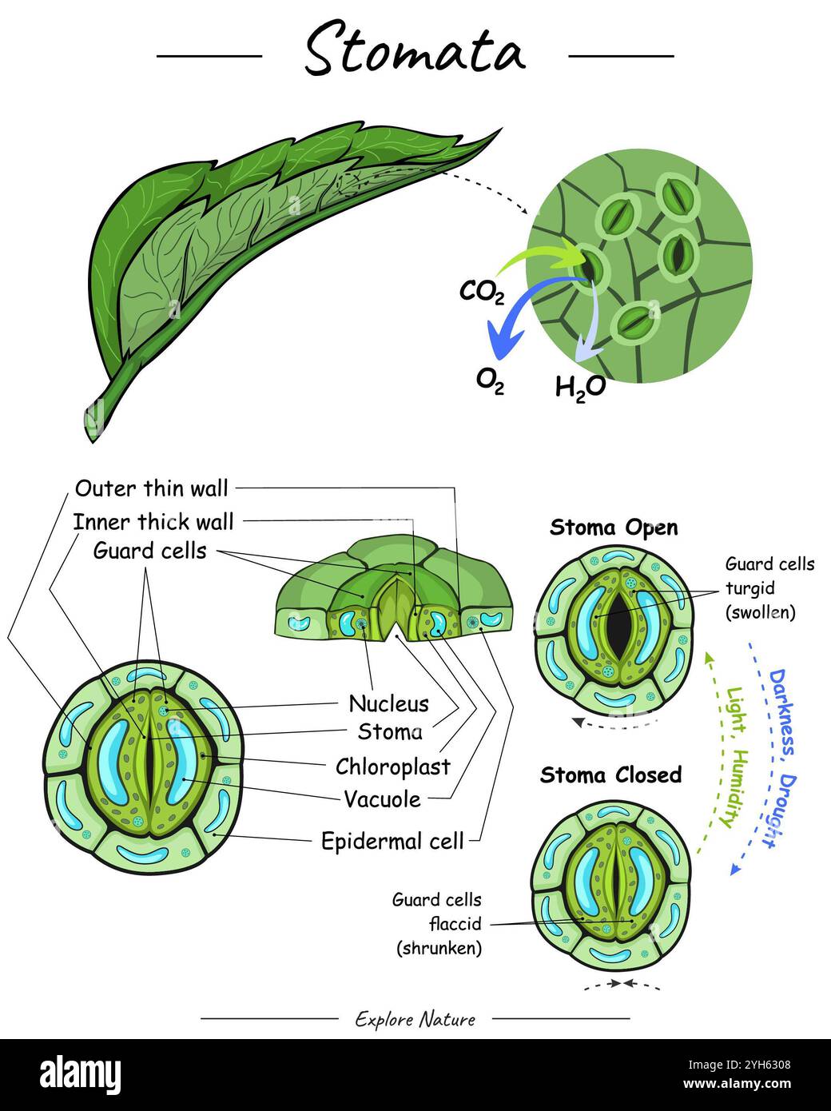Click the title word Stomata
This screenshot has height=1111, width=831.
(415, 50)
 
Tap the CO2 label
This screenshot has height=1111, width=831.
(482, 292)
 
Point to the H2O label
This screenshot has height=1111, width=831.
(580, 387)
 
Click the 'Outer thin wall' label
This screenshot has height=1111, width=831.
(151, 488)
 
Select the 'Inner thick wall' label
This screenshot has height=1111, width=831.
(153, 522)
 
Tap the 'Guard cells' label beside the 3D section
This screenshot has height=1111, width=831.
(149, 551)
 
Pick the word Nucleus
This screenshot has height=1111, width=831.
(388, 703)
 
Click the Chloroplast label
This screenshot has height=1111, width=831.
(392, 767)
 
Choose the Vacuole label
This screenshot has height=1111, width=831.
(382, 798)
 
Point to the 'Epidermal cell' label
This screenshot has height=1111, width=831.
(392, 841)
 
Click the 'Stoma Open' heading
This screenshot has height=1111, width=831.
(614, 528)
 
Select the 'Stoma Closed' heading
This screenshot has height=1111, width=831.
(610, 775)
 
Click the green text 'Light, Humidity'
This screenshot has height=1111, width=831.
(731, 756)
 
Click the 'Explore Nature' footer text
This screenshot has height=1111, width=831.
(415, 1019)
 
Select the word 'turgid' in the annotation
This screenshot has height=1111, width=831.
(749, 588)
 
